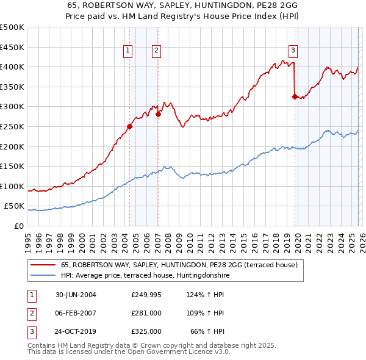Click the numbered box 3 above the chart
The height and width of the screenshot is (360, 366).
pos(293,51)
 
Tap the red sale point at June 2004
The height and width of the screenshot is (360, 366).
pos(129,127)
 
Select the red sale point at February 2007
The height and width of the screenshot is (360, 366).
pos(158,114)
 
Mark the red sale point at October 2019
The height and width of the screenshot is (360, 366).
pos(295,96)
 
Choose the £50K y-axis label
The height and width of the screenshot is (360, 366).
pos(14,206)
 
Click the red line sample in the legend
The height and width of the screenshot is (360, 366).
pos(44,265)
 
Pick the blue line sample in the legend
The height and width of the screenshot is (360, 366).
pos(44,275)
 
